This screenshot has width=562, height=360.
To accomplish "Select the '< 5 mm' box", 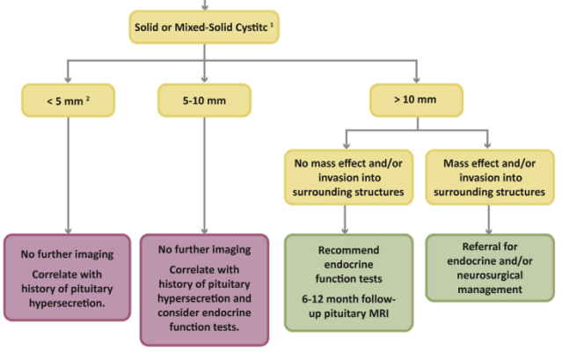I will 67,99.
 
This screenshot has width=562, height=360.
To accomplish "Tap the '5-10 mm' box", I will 204,99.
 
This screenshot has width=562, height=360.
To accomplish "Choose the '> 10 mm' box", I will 413,99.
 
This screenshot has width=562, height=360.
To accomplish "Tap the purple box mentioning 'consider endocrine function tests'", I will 204,288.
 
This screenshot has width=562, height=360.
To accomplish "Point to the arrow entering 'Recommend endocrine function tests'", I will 350,218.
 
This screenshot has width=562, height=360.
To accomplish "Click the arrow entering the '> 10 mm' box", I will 413,75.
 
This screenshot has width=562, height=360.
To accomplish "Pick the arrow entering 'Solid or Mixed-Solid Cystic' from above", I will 204,4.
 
